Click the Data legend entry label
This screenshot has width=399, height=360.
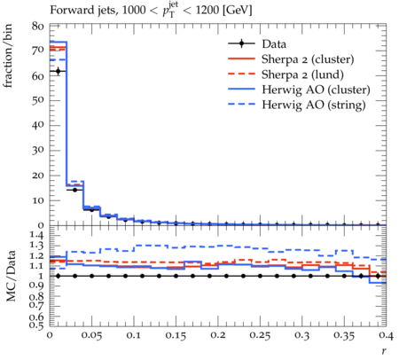point(274,44)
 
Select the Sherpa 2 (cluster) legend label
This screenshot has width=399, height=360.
point(308,59)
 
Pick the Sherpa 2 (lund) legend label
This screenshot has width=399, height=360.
point(302,74)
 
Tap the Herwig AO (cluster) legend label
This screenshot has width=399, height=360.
point(316,90)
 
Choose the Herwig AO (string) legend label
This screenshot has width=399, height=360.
point(314,105)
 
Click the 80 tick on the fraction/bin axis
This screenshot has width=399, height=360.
point(38,26)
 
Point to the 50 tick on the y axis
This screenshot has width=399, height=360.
point(38,100)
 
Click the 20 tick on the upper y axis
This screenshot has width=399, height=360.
point(38,176)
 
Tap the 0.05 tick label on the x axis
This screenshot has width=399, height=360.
point(92,335)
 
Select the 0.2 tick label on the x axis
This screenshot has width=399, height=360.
point(218,335)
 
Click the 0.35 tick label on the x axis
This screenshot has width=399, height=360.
point(344,335)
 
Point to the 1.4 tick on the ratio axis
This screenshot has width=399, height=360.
point(36,236)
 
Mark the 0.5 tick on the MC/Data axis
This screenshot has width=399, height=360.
point(36,325)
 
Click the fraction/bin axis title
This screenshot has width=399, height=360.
point(8,56)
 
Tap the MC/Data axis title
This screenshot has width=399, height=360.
point(11,276)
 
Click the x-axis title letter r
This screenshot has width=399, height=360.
point(384,351)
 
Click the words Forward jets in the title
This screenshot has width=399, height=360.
point(83,11)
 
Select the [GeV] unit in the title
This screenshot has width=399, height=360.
point(237,11)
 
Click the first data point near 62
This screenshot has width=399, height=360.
point(58,71)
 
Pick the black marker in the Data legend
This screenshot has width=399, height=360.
point(241,44)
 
